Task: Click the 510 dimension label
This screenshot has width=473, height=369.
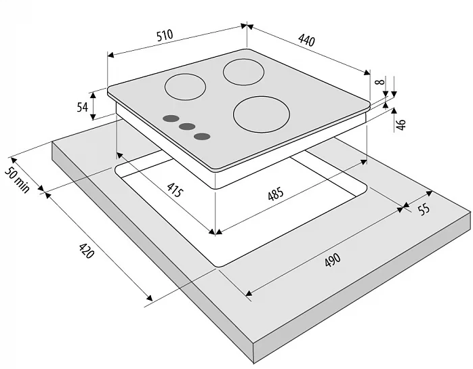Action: click(x=165, y=35)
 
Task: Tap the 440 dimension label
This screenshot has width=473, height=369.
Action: click(x=306, y=40)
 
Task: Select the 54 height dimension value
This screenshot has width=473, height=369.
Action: click(x=82, y=107)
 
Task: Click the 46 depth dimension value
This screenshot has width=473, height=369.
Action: click(x=401, y=125)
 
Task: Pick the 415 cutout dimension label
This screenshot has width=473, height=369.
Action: click(x=175, y=190)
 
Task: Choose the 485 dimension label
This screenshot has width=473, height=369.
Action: click(x=276, y=194)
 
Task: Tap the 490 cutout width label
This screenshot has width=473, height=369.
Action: click(x=333, y=259)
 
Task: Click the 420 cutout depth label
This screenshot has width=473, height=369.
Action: click(x=86, y=251)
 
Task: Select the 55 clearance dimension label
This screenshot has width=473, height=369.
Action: click(x=424, y=209)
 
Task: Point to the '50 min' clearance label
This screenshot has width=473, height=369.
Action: click(x=17, y=179)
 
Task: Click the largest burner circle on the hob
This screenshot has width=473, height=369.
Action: click(x=262, y=114)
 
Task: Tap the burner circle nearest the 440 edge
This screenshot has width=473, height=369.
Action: click(x=243, y=72)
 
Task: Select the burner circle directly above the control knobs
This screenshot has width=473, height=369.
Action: click(x=185, y=87)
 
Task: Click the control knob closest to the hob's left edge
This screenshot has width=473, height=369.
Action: click(x=171, y=118)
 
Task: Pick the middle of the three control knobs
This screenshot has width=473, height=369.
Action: click(x=187, y=127)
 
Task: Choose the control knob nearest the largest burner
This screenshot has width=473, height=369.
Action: click(x=202, y=137)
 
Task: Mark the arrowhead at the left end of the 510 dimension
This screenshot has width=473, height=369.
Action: click(x=110, y=55)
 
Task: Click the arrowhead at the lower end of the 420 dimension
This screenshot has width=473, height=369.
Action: click(x=149, y=298)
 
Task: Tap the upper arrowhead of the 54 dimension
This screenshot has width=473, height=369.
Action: click(x=94, y=95)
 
